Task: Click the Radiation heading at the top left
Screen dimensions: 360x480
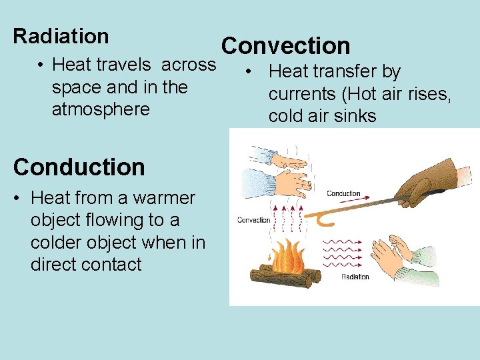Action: [x=61, y=36]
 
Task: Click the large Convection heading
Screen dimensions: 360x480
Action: [x=285, y=46]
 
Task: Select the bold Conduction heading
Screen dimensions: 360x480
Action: [x=79, y=167]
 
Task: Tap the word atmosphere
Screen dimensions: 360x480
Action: [x=101, y=109]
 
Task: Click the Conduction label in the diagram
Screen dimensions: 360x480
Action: [x=343, y=194]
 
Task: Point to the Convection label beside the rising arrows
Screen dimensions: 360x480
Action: [x=253, y=220]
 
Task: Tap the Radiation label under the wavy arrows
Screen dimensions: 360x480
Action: [x=355, y=277]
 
